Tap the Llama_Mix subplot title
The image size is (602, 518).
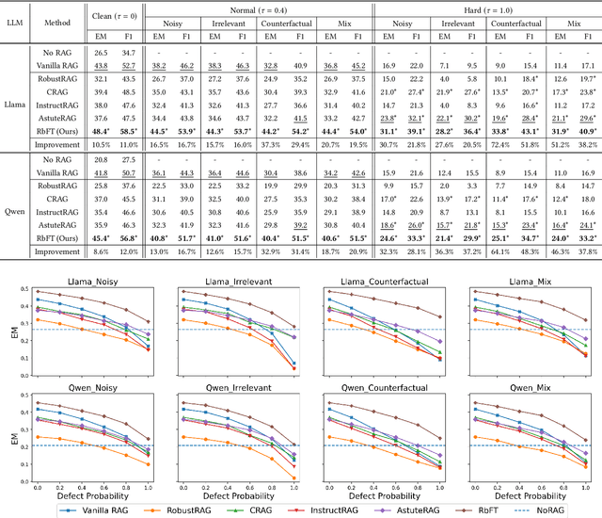(519, 278)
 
